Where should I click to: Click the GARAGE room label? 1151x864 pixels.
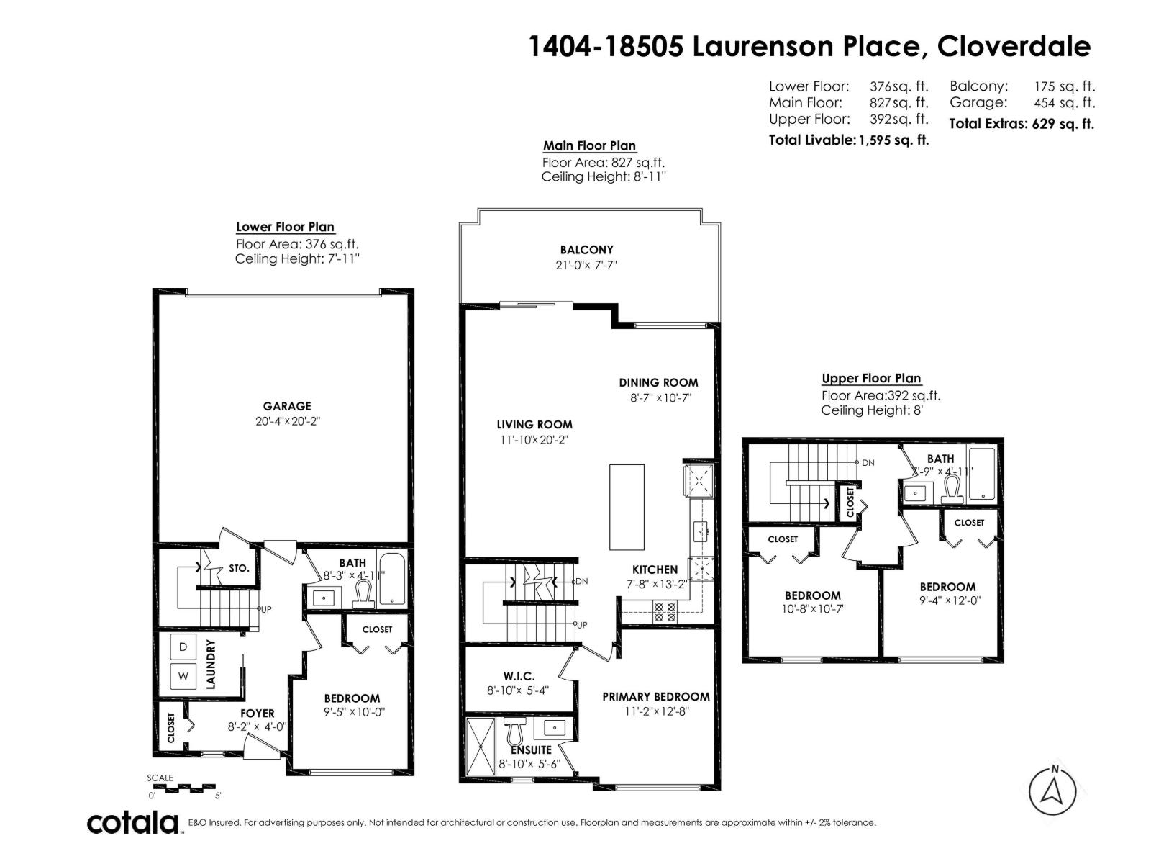(x=286, y=406)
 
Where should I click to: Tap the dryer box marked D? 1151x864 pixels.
(x=183, y=647)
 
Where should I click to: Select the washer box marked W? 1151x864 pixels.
(x=183, y=676)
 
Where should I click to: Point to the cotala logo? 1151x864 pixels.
(x=133, y=822)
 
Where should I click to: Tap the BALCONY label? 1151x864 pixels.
(x=586, y=250)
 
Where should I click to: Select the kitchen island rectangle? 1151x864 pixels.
(x=627, y=507)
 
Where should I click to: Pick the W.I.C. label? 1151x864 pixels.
(x=518, y=676)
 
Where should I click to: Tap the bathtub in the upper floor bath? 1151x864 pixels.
(x=981, y=473)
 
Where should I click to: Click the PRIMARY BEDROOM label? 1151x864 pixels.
(x=655, y=696)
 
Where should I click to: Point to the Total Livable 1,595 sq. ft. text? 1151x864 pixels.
(x=848, y=140)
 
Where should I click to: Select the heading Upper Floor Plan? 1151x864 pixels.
(x=870, y=378)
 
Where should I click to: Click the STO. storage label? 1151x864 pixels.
(x=239, y=568)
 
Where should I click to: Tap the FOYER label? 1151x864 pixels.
(x=257, y=714)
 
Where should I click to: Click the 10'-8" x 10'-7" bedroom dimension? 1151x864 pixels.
(x=812, y=609)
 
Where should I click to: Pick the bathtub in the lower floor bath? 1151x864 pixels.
(x=391, y=579)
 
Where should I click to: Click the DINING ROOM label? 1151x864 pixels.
(x=658, y=382)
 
